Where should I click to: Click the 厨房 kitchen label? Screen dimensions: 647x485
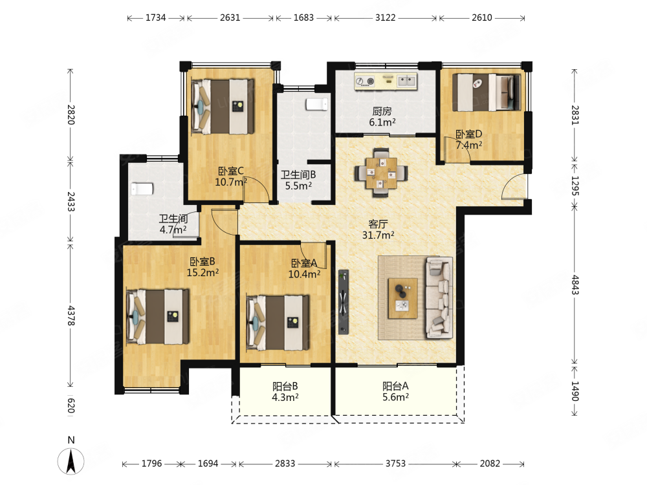click(382, 111)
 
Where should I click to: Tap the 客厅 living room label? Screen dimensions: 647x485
click(378, 224)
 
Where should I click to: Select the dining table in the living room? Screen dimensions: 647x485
click(381, 173)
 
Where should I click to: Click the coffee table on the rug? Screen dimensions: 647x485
click(402, 297)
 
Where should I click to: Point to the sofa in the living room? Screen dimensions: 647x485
click(439, 297)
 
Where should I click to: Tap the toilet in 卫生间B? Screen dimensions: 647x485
click(317, 104)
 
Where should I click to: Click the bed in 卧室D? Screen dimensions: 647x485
click(487, 92)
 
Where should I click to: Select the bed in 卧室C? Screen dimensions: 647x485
click(223, 107)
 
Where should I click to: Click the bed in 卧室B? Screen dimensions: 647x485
click(158, 317)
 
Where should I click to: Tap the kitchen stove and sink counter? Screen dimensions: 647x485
click(386, 81)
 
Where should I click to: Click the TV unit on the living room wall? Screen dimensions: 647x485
click(344, 302)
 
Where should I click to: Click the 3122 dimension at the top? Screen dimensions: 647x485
click(386, 17)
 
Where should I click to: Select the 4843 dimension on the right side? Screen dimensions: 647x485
click(575, 285)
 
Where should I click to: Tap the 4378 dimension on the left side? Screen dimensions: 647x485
click(71, 316)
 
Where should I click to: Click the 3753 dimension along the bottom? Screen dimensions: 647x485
click(395, 464)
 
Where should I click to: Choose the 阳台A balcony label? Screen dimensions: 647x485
click(395, 386)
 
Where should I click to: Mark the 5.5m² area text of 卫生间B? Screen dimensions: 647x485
click(298, 186)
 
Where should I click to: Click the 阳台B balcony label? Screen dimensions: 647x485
click(285, 387)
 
